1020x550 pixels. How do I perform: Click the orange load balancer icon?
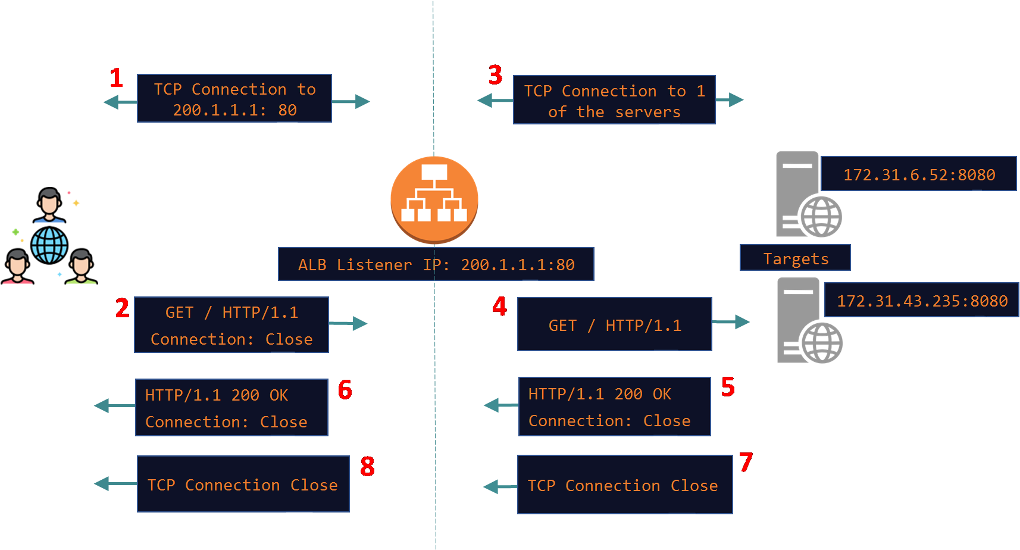(x=434, y=199)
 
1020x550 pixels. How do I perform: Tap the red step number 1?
(x=116, y=78)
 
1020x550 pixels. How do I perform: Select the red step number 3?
(x=495, y=75)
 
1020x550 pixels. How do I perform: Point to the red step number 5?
(x=728, y=387)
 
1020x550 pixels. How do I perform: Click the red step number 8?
(x=367, y=466)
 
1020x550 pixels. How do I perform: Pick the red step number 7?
(x=746, y=462)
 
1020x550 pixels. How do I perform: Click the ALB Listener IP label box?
(x=436, y=264)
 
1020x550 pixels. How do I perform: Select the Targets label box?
(x=795, y=258)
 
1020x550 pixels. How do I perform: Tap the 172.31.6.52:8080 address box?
(x=918, y=174)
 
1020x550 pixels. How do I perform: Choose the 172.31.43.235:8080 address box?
(x=921, y=300)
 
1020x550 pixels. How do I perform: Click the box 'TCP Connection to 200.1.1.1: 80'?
(x=234, y=99)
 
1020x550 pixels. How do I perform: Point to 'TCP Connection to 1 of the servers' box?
(x=614, y=101)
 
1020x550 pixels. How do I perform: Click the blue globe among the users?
(x=49, y=245)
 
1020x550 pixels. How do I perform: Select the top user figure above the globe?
(x=49, y=204)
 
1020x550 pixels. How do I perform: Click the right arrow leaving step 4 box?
(x=732, y=322)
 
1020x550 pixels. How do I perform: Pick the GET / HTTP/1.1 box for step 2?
(x=231, y=325)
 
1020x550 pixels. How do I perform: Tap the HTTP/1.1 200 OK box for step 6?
(x=231, y=408)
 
